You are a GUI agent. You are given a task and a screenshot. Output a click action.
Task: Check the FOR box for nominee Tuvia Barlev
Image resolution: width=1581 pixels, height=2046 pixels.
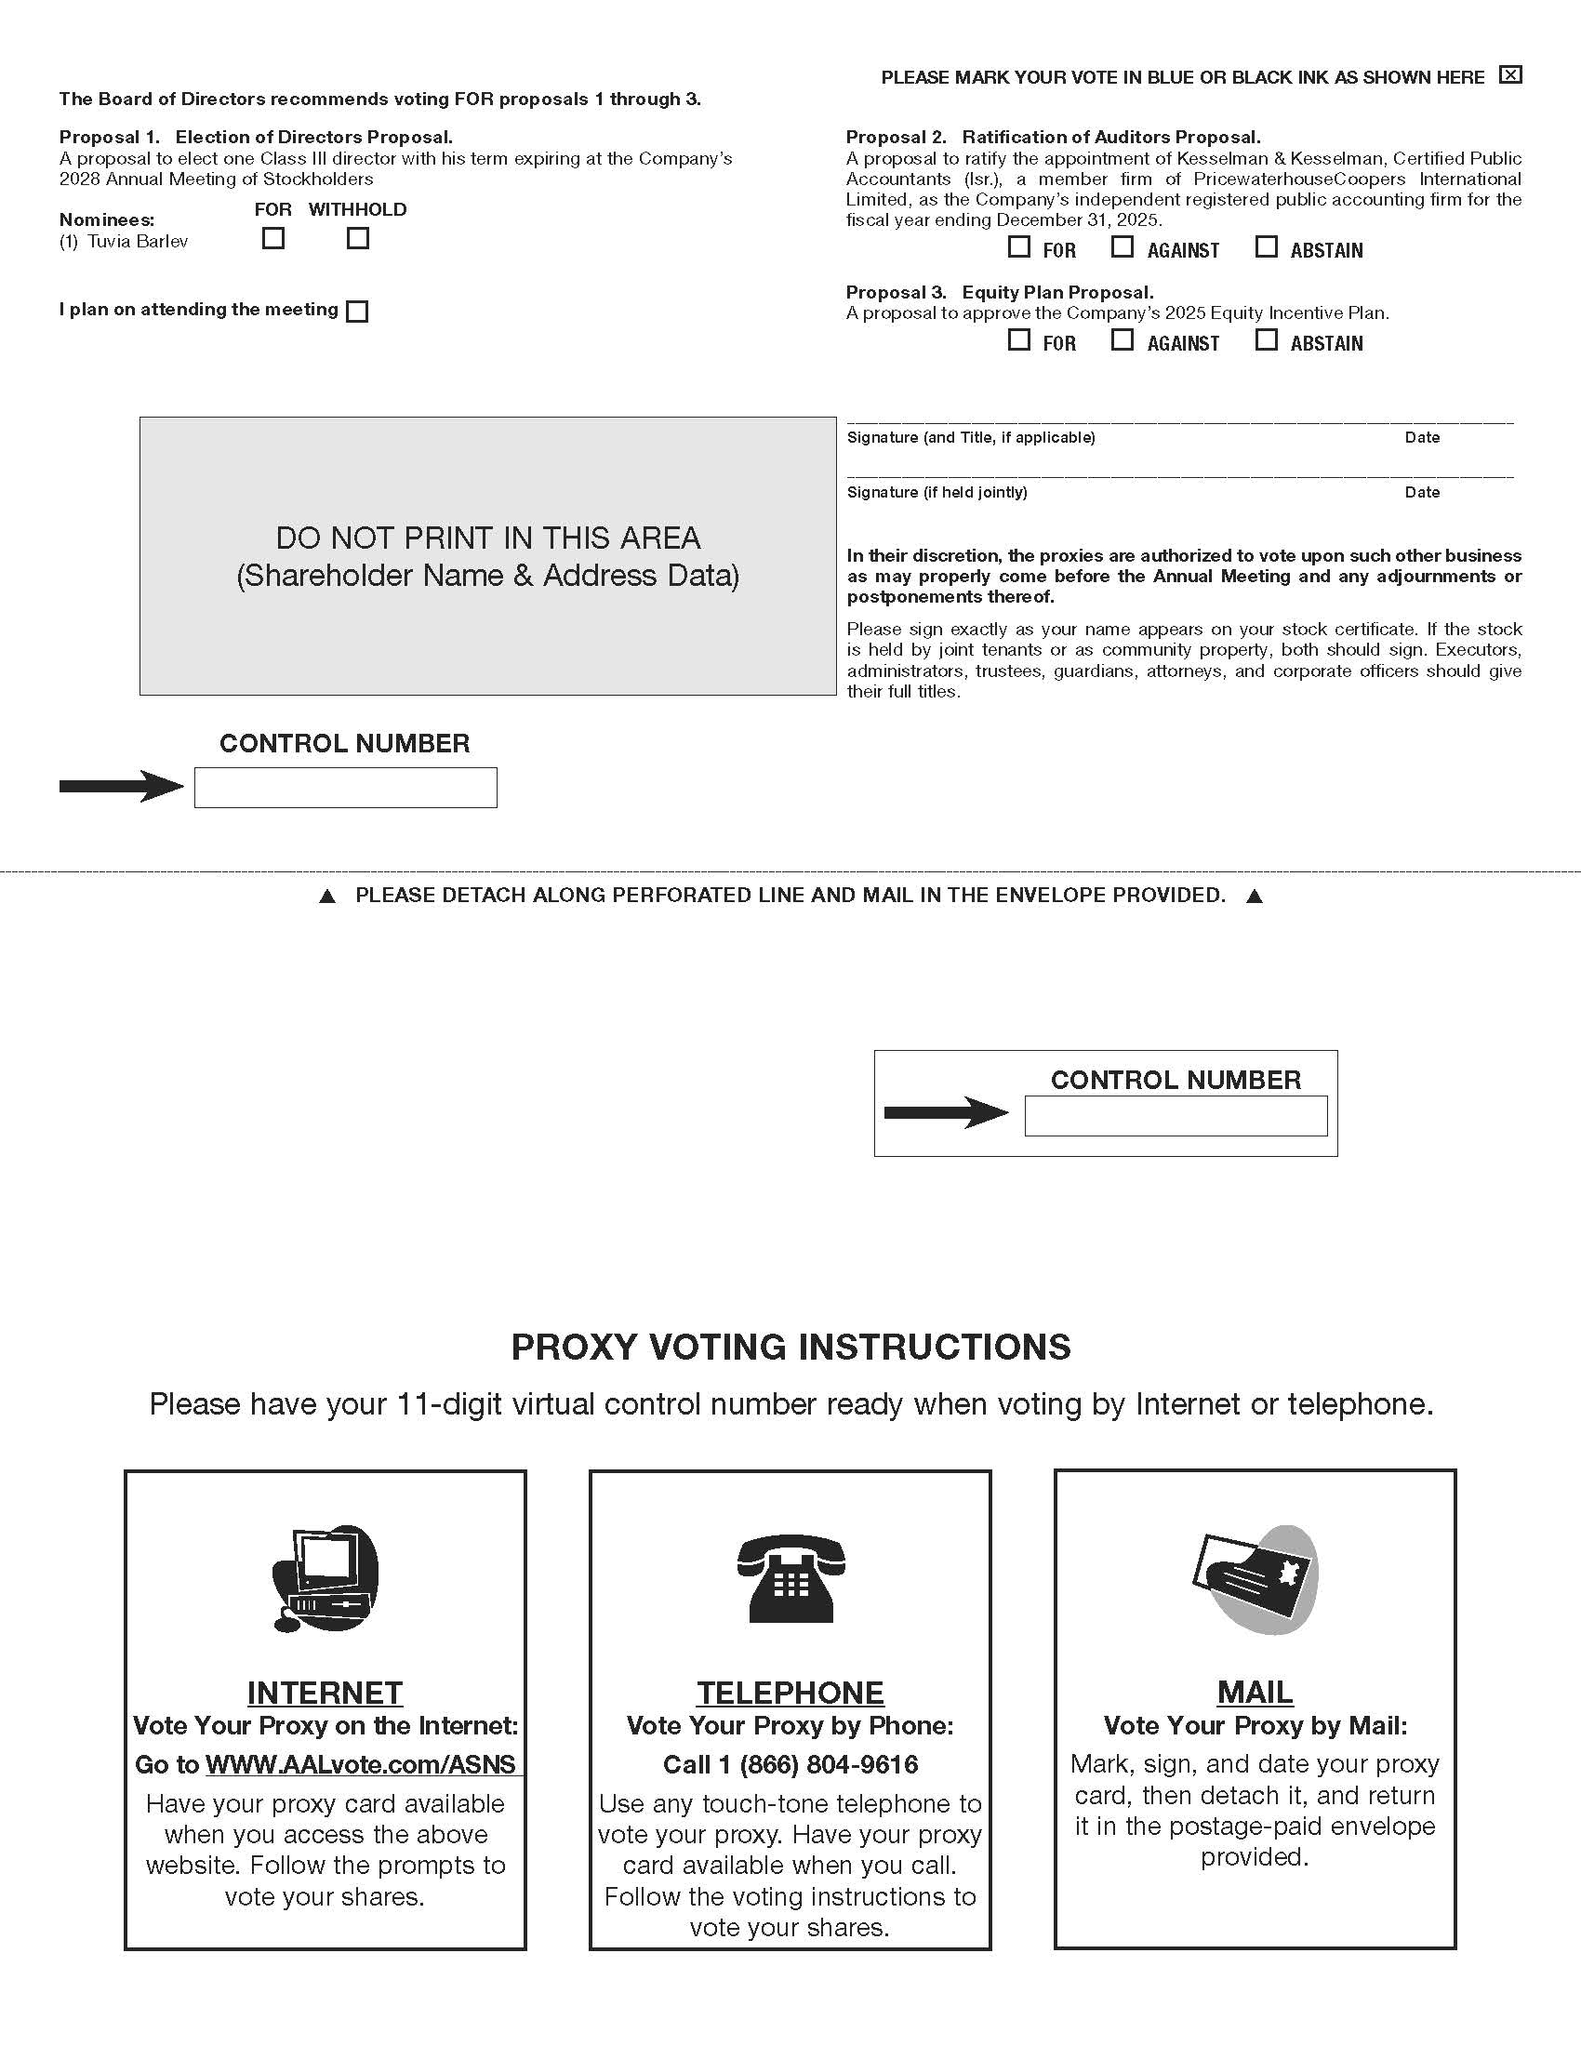pyautogui.click(x=273, y=239)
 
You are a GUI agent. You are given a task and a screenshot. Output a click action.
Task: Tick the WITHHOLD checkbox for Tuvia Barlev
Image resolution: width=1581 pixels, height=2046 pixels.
pyautogui.click(x=358, y=239)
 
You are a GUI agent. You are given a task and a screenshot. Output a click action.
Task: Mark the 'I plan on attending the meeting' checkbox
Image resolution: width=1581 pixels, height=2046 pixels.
pyautogui.click(x=357, y=311)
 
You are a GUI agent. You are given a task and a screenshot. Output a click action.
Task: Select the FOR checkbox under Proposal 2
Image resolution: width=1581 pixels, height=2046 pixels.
pyautogui.click(x=1019, y=247)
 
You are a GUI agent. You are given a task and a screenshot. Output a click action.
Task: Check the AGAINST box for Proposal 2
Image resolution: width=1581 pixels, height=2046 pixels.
pyautogui.click(x=1123, y=247)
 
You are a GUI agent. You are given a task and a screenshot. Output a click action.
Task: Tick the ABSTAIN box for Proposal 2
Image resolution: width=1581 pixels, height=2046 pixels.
pyautogui.click(x=1267, y=247)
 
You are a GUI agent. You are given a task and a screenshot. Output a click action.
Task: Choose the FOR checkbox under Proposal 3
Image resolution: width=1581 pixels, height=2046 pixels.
pyautogui.click(x=1019, y=340)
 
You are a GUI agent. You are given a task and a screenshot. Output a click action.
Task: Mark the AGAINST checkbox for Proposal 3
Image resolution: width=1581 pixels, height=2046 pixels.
pyautogui.click(x=1123, y=340)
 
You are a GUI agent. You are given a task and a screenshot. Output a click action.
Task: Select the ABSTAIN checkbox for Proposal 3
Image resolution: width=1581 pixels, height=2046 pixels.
pyautogui.click(x=1267, y=340)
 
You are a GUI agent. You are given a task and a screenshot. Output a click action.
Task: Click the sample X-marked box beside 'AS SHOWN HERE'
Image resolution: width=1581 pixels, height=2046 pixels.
pyautogui.click(x=1510, y=75)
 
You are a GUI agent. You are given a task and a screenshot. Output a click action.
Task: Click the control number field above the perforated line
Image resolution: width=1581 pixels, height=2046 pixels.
pyautogui.click(x=346, y=788)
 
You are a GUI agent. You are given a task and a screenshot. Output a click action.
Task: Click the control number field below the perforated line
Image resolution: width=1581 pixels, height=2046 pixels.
pyautogui.click(x=1176, y=1116)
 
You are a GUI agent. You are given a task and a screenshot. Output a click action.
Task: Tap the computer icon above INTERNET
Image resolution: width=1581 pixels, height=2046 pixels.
pyautogui.click(x=325, y=1578)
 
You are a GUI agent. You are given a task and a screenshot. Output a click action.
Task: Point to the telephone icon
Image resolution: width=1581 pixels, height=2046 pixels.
pyautogui.click(x=790, y=1578)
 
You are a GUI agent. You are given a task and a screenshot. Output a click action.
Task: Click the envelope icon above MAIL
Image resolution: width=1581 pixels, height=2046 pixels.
pyautogui.click(x=1255, y=1578)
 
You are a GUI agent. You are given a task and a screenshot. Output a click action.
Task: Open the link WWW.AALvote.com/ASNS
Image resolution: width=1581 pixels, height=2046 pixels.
pyautogui.click(x=361, y=1765)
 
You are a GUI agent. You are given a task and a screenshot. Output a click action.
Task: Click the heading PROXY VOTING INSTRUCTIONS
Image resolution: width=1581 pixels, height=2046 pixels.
pyautogui.click(x=790, y=1348)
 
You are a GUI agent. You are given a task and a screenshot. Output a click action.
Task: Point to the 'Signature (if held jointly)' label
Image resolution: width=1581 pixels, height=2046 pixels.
pyautogui.click(x=937, y=493)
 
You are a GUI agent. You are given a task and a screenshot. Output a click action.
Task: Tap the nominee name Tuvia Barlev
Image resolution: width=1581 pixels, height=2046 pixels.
pyautogui.click(x=138, y=242)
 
